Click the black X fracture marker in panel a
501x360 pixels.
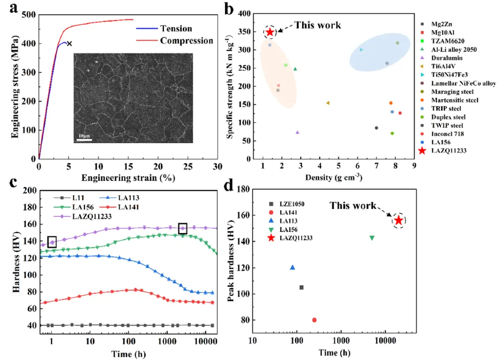click(x=69, y=44)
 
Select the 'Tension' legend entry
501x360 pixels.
click(x=176, y=29)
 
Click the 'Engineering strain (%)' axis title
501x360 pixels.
click(x=128, y=178)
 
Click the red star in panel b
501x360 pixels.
click(x=270, y=33)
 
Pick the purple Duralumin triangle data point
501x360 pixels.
click(x=297, y=132)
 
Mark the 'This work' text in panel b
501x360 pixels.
click(x=317, y=25)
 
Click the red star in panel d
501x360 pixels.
click(x=399, y=220)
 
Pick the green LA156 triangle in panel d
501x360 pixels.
click(x=372, y=238)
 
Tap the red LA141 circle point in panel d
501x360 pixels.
click(x=314, y=320)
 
